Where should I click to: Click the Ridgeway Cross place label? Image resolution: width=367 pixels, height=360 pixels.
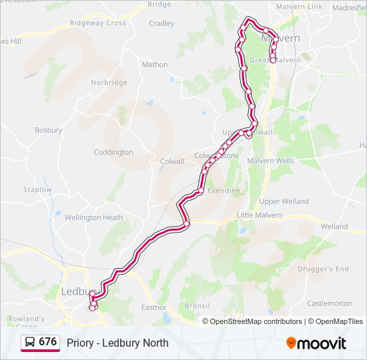(x=97, y=23)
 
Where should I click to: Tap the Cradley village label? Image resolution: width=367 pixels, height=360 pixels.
(x=161, y=23)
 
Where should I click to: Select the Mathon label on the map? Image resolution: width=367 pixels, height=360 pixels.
(x=155, y=65)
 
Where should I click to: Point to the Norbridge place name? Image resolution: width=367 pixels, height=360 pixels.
(x=109, y=83)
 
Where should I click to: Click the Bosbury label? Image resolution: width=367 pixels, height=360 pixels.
(x=48, y=130)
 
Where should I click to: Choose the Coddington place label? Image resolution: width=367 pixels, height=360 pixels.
(x=113, y=152)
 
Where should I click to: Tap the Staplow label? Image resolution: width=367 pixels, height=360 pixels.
(x=37, y=189)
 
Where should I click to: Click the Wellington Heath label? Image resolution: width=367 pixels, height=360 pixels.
(x=93, y=217)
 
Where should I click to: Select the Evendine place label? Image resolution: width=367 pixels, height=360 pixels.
(x=224, y=191)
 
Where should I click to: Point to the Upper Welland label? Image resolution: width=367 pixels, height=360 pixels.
(x=284, y=201)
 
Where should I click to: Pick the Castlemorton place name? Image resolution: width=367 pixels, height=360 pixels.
(x=330, y=303)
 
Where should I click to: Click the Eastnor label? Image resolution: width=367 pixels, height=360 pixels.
(x=153, y=307)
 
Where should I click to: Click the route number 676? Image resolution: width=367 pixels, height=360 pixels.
(x=47, y=342)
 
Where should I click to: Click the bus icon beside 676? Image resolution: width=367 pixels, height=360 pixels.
(x=30, y=343)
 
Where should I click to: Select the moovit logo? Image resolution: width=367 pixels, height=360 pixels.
(x=316, y=343)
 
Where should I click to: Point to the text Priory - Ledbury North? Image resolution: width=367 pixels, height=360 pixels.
(x=117, y=343)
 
